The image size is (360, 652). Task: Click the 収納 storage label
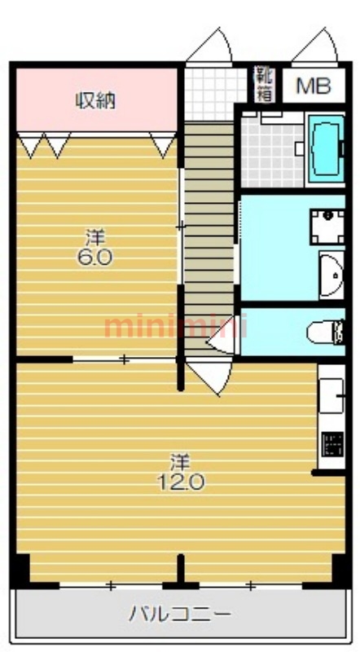[95, 100]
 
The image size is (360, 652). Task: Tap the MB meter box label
[314, 86]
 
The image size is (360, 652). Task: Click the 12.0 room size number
[181, 482]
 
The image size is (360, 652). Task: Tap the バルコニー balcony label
[179, 614]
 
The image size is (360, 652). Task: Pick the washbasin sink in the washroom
[331, 275]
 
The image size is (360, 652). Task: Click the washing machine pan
[327, 227]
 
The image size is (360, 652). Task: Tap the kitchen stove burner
[332, 444]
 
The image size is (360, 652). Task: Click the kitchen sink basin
[331, 395]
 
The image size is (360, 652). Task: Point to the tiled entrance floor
[215, 94]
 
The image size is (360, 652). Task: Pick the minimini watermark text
[175, 328]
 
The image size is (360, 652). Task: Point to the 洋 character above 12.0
[181, 463]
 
